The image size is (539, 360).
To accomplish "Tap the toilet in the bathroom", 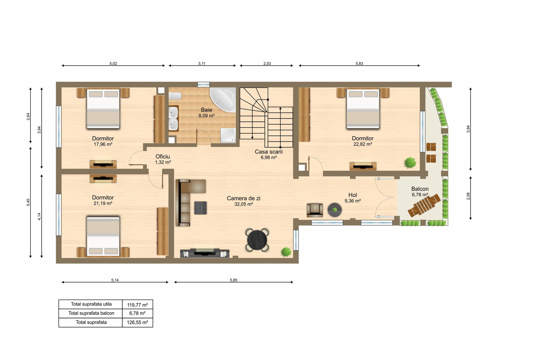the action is click(175, 96).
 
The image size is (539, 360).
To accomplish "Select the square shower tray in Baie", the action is click(228, 135).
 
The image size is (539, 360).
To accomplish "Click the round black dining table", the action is click(257, 240).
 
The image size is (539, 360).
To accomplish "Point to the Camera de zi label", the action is click(244, 198).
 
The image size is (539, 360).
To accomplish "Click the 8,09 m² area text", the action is click(207, 116).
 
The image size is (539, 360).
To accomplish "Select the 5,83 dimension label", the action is click(359, 63).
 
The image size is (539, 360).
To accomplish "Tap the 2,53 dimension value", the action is click(267, 63).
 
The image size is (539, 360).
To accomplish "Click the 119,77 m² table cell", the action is click(137, 305).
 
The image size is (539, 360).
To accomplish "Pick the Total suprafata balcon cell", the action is click(91, 313).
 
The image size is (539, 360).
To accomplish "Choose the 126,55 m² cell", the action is click(137, 322).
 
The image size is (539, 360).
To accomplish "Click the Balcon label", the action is click(420, 189).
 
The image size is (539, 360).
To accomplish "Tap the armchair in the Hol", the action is click(314, 210).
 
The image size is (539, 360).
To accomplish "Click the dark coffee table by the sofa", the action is click(201, 208).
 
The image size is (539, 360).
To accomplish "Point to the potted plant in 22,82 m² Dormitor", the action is click(410, 162).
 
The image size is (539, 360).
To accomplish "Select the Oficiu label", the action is click(163, 157).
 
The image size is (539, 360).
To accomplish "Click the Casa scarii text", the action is click(269, 152).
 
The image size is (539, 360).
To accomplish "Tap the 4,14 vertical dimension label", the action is click(39, 216).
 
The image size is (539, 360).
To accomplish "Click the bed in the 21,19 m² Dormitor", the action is click(103, 236).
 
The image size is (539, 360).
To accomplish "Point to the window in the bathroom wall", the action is click(203, 85).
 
